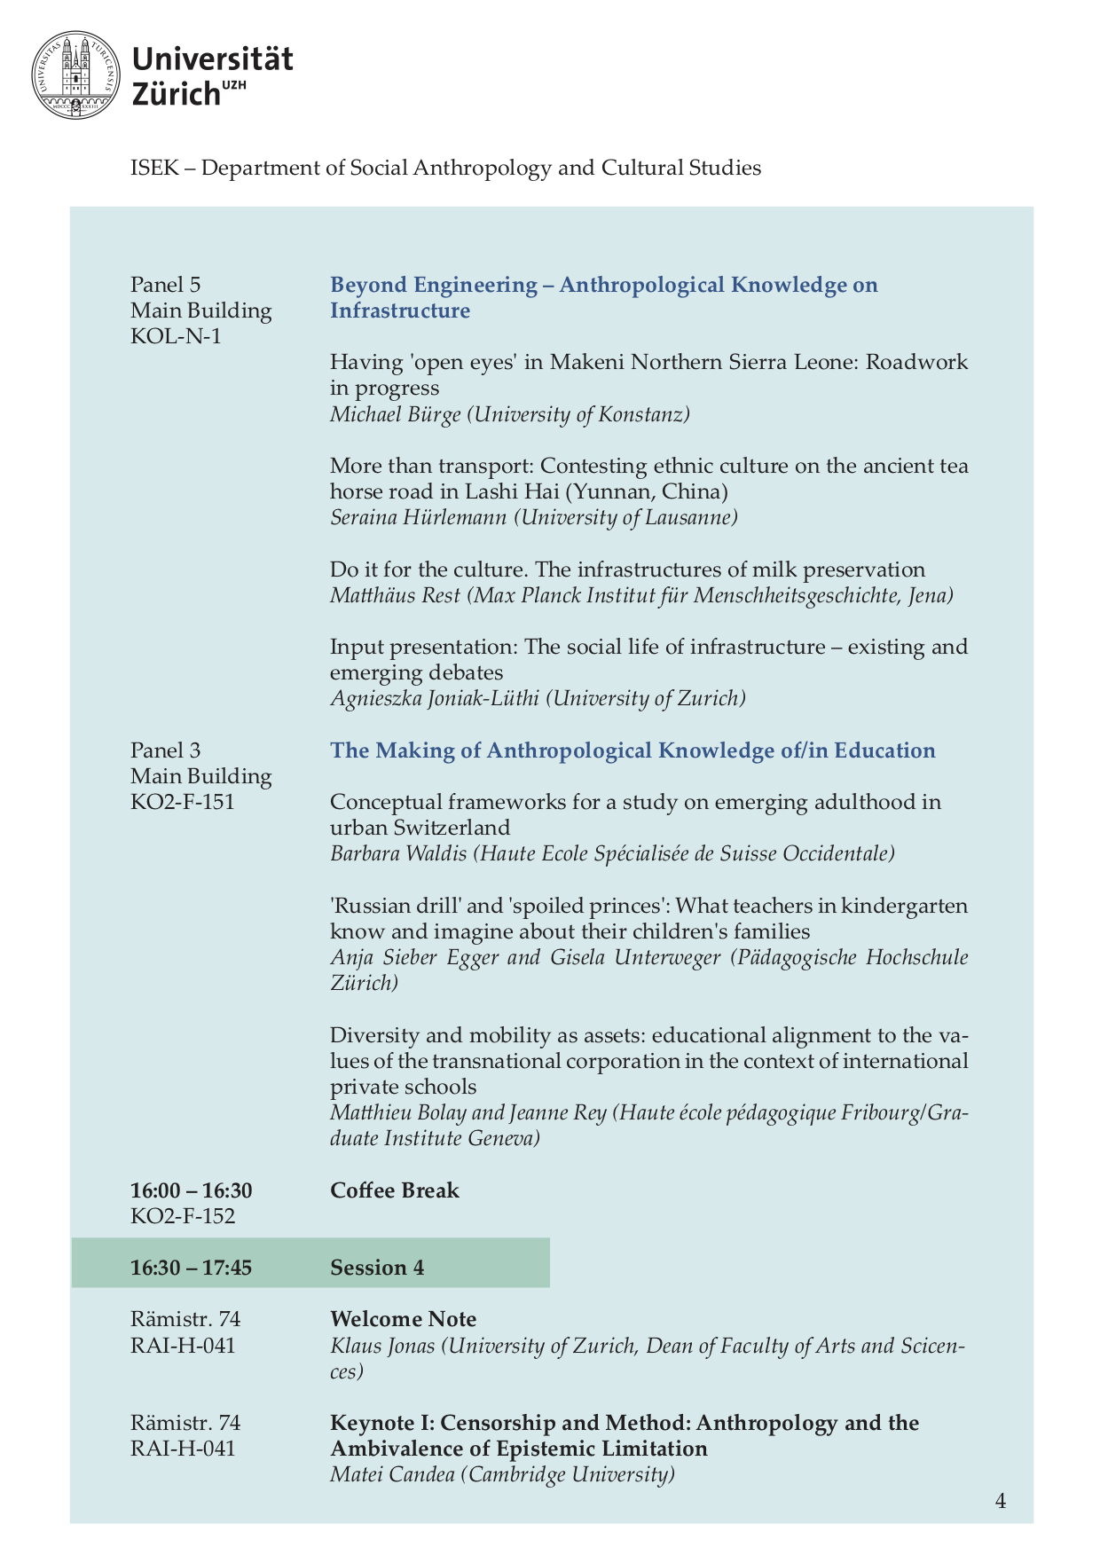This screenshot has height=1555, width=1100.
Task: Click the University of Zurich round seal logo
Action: (75, 75)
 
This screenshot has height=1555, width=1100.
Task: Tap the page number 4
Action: (1001, 1501)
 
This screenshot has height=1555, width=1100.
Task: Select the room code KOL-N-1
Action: (176, 336)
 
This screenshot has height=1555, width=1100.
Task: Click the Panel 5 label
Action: (166, 285)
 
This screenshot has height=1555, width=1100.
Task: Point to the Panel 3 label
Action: (166, 750)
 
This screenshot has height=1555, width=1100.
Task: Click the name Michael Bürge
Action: (395, 414)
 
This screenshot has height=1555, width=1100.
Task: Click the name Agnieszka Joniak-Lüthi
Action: (435, 699)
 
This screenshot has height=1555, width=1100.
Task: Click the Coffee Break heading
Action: (395, 1190)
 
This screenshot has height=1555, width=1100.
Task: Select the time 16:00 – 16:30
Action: (192, 1190)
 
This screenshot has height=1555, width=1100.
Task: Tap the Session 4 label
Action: (377, 1268)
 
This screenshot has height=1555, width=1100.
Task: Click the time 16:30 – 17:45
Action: (192, 1268)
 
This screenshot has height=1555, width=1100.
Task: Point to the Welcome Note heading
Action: (404, 1319)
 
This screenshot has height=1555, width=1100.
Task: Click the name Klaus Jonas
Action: (382, 1346)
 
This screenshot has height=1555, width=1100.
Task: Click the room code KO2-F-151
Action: (183, 802)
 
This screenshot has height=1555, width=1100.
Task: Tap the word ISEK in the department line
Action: (154, 168)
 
